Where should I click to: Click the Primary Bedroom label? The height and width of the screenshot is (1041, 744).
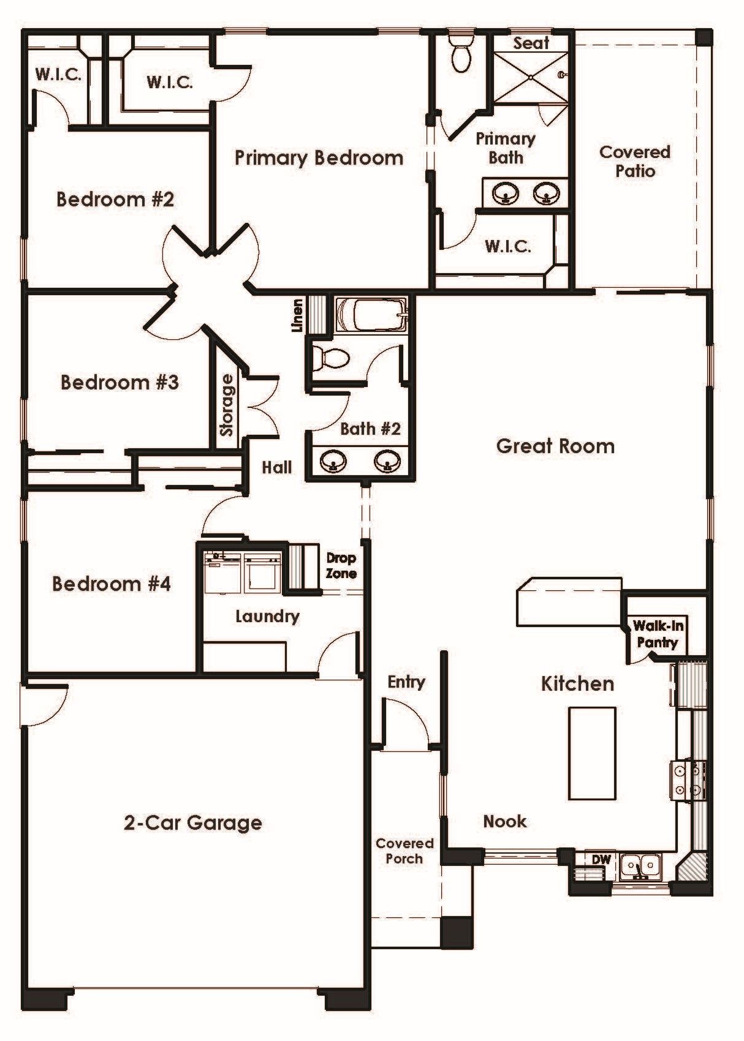pyautogui.click(x=319, y=158)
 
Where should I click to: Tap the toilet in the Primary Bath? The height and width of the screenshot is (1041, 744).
pyautogui.click(x=461, y=54)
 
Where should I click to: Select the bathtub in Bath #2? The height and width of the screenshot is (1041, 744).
pyautogui.click(x=371, y=315)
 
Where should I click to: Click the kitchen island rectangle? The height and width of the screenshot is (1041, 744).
pyautogui.click(x=592, y=753)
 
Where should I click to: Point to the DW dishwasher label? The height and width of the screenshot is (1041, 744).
pyautogui.click(x=601, y=859)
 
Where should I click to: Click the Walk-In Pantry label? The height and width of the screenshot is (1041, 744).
pyautogui.click(x=658, y=634)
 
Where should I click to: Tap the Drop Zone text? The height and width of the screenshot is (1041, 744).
pyautogui.click(x=341, y=566)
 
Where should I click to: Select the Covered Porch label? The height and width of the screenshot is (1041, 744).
pyautogui.click(x=404, y=851)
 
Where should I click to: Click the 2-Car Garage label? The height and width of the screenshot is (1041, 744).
pyautogui.click(x=193, y=822)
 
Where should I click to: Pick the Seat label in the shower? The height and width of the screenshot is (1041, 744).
pyautogui.click(x=531, y=43)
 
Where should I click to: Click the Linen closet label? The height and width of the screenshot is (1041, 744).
pyautogui.click(x=298, y=315)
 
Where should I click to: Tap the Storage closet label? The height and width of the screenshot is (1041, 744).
pyautogui.click(x=227, y=405)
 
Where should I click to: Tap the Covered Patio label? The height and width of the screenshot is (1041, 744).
pyautogui.click(x=634, y=161)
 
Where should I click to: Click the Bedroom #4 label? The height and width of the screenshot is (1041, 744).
pyautogui.click(x=111, y=584)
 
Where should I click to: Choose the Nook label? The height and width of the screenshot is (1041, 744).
pyautogui.click(x=504, y=821)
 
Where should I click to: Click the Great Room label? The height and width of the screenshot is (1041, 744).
pyautogui.click(x=555, y=446)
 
